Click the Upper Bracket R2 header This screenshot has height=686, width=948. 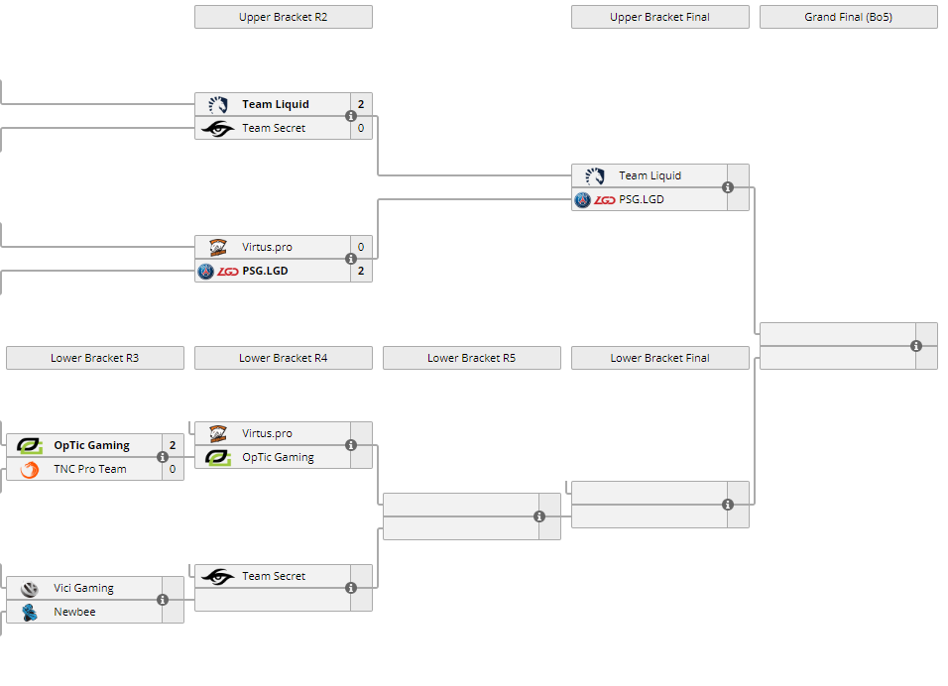point(283,17)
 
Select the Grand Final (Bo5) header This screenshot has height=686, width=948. point(848,17)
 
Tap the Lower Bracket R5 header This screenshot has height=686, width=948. point(471,358)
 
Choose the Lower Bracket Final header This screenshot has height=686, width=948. point(659,358)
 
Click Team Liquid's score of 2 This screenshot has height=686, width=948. point(361,104)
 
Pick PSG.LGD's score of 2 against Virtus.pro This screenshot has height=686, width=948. point(361,271)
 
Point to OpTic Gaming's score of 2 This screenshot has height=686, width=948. point(173,445)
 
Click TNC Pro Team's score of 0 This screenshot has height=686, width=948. point(173,469)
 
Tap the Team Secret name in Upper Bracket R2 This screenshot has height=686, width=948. point(274,128)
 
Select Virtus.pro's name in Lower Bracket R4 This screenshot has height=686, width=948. point(267,433)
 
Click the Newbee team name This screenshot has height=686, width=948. point(74,612)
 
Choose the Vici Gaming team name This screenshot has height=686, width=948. point(83,588)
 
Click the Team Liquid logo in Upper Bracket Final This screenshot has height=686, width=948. point(595,175)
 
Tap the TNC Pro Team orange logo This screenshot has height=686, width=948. point(30,469)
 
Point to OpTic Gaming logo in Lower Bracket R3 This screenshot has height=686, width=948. point(30,445)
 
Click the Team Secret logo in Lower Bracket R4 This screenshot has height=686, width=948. point(217,576)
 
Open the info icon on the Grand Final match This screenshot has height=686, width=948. point(916,346)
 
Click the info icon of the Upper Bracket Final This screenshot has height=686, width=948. point(728,187)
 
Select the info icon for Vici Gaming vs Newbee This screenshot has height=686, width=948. point(163,600)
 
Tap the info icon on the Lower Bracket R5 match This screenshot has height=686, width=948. point(539,516)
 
